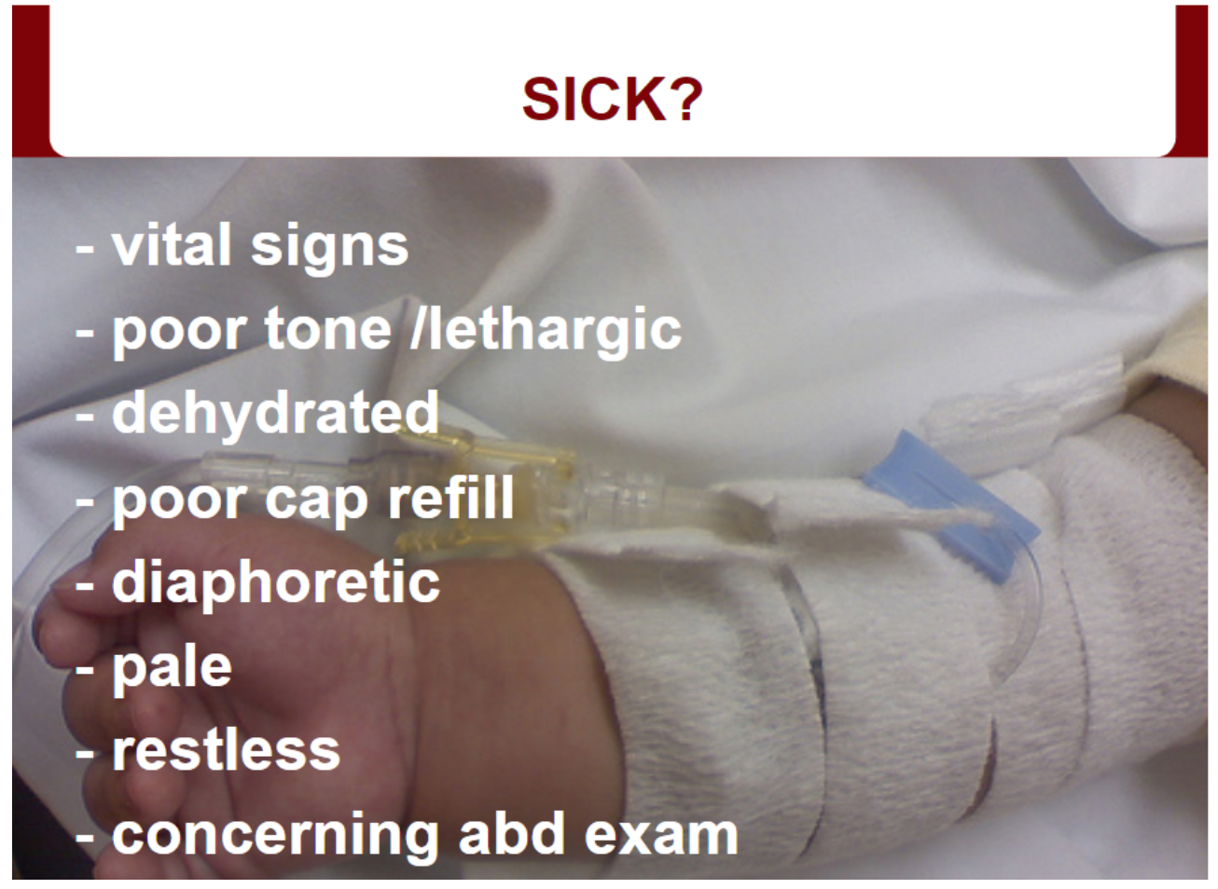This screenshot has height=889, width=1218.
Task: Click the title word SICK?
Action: [612, 100]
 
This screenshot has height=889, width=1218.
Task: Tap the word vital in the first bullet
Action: [172, 244]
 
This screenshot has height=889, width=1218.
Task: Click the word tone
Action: [328, 330]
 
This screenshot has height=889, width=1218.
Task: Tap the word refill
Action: [450, 498]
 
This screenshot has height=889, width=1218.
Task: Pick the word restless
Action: [227, 750]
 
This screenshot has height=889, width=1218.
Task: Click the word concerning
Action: [274, 838]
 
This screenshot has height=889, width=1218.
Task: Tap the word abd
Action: [512, 833]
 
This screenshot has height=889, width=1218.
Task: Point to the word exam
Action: [661, 837]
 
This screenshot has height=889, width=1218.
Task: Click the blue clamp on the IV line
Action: [951, 506]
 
